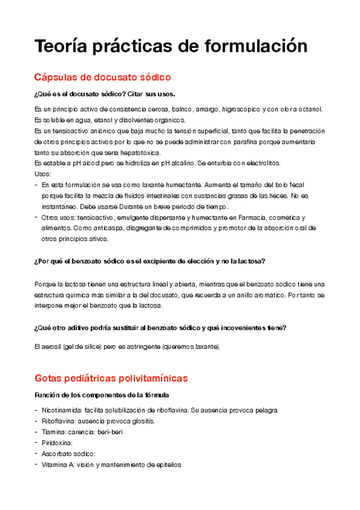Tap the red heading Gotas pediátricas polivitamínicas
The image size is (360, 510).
tap(111, 378)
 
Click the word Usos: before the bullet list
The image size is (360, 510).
tap(43, 174)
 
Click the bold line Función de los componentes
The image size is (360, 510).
tap(102, 395)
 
